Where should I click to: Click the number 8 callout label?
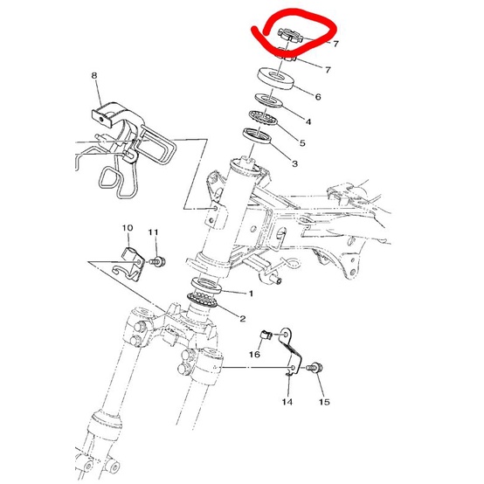[94, 77]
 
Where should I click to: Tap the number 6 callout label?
[318, 96]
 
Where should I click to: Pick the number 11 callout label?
[154, 232]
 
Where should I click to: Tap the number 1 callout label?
[252, 294]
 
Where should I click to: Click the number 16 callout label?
[256, 355]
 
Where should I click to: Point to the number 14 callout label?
[287, 403]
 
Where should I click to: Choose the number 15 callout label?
[324, 403]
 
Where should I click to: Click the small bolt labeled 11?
[157, 260]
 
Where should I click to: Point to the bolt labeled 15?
[315, 370]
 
